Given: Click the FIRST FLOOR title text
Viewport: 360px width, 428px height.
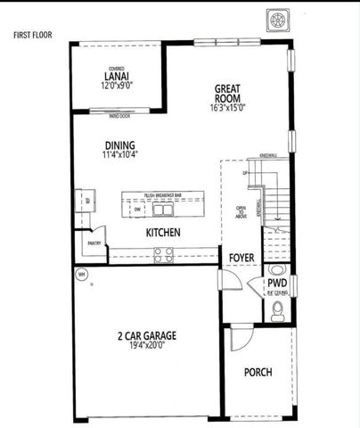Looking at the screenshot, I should click(x=32, y=35).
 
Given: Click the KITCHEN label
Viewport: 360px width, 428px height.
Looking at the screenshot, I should click(x=164, y=232).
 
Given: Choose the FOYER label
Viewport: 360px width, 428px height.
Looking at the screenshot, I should click(x=241, y=258).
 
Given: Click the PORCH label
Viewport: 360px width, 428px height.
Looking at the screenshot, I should click(x=258, y=372).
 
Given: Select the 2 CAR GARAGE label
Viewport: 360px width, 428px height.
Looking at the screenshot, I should click(x=146, y=336).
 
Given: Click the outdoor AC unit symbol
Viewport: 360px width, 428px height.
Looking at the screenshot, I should click(x=276, y=21).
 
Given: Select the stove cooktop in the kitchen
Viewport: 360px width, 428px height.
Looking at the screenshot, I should click(x=164, y=254).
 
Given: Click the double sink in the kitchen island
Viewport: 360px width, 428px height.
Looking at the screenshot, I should click(x=162, y=210).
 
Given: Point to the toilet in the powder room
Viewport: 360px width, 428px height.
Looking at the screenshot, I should click(x=277, y=309).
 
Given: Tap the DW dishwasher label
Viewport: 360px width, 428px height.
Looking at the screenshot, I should click(x=136, y=212).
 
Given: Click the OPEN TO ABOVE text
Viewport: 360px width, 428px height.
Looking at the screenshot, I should click(x=241, y=211).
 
